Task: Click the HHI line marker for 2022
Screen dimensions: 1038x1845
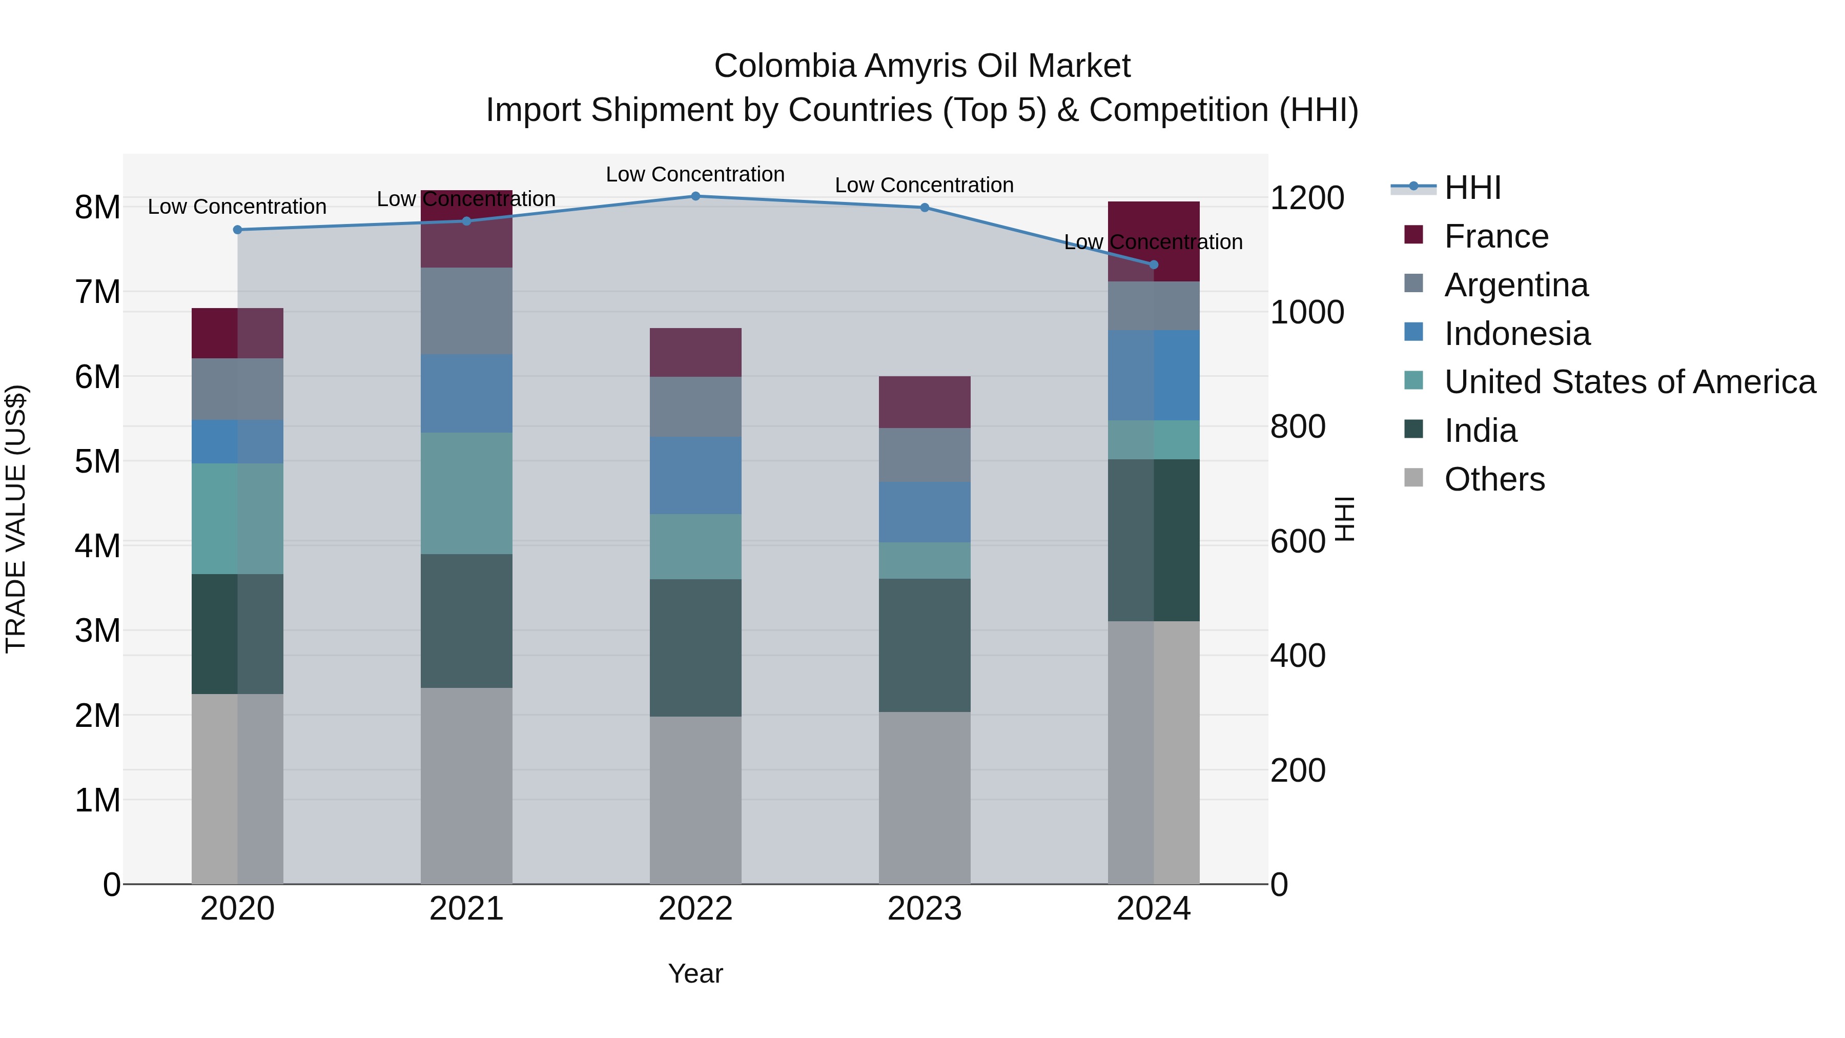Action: [695, 196]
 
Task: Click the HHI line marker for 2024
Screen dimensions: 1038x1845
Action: [1153, 264]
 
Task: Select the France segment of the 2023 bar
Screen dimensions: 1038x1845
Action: [924, 402]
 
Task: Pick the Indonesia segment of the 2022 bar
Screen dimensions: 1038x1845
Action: [695, 475]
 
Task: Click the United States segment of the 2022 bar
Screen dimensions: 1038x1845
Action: [695, 546]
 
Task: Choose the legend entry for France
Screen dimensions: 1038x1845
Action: [1495, 236]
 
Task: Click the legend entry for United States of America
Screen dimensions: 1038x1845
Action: [1629, 382]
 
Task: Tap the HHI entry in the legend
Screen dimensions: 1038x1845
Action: [1472, 188]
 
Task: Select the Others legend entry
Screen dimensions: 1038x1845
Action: [1494, 479]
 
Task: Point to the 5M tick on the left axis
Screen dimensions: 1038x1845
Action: [97, 461]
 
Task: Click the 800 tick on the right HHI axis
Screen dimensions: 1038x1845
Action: [1297, 426]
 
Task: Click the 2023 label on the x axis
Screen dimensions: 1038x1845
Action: [924, 909]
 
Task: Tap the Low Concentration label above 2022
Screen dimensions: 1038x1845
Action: [695, 174]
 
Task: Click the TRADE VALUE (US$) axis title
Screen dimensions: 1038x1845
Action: [16, 519]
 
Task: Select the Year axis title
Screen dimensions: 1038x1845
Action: [695, 973]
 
